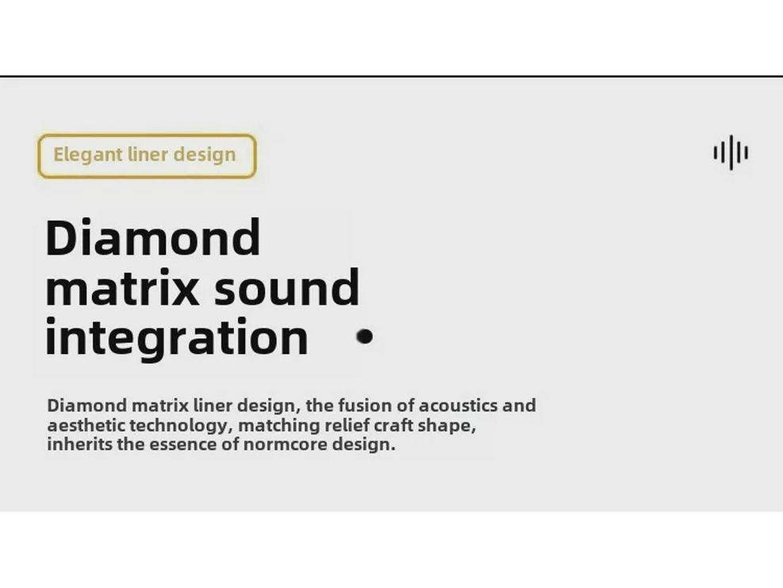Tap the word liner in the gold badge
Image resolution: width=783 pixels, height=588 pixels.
(x=148, y=154)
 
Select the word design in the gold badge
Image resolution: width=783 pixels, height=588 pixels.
(x=204, y=155)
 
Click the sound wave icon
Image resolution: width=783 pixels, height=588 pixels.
(x=731, y=152)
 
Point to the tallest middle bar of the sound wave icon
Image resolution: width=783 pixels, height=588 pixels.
(x=731, y=152)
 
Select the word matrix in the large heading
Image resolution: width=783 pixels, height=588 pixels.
(x=122, y=286)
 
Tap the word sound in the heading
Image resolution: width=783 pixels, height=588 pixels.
(x=286, y=286)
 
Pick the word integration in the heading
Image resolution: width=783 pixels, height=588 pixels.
(x=177, y=337)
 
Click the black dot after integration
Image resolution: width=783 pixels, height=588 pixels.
(x=365, y=336)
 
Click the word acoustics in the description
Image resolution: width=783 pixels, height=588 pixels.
(x=458, y=405)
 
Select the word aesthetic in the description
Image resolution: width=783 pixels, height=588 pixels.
(x=86, y=425)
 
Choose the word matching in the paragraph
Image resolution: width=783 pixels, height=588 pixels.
(x=279, y=426)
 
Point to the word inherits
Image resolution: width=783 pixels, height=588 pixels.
(x=80, y=444)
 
